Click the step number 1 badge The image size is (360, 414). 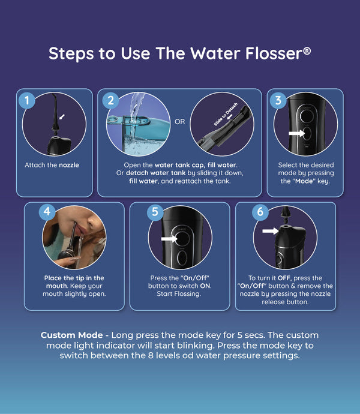tap(27, 100)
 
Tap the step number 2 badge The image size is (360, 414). tap(110, 100)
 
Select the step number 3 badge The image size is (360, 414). tap(278, 100)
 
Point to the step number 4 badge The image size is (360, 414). tap(47, 211)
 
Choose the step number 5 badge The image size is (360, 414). tap(155, 211)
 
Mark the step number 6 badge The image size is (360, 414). tap(260, 211)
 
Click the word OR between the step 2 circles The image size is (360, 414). tap(179, 122)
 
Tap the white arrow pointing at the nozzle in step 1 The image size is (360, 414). tap(62, 117)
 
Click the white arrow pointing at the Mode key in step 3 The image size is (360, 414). tap(297, 133)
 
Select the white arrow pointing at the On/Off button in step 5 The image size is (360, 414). tap(169, 239)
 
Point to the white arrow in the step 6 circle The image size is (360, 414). tap(270, 231)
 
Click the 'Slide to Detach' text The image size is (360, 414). tap(226, 115)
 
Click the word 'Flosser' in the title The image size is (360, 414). tap(274, 53)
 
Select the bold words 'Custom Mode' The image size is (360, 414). tap(71, 335)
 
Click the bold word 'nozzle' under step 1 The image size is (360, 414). tap(69, 165)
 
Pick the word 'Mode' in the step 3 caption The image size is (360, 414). tap(304, 181)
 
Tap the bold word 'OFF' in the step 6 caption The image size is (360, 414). tap(284, 278)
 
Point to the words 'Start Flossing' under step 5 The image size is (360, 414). tap(179, 294)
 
